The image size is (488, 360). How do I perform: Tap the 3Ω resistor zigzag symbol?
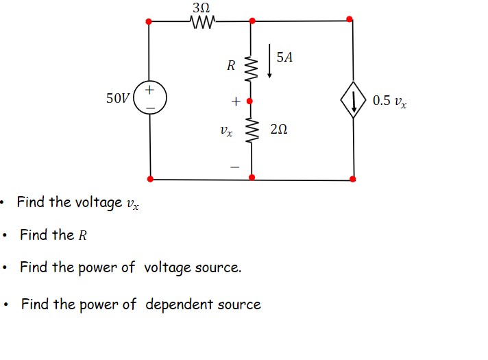203,24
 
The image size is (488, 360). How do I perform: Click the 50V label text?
117,99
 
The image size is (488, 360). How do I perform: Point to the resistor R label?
231,66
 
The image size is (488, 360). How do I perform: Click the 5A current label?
284,58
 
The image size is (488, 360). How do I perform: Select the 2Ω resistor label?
279,129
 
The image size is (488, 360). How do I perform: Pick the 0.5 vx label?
389,101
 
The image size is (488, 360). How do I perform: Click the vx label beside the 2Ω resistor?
226,129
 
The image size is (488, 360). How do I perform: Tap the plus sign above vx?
235,101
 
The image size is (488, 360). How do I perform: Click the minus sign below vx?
235,166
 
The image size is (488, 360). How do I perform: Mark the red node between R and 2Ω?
251,101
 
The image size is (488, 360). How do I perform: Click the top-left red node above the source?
149,21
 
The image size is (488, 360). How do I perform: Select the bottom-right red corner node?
353,179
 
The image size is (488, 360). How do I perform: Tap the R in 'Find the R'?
83,235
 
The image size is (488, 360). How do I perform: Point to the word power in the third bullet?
102,267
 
